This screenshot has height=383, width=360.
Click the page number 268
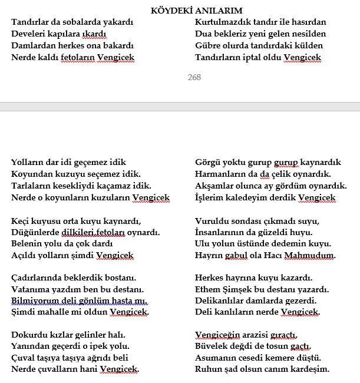[x=194, y=77]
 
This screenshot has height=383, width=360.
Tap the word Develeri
[x=28, y=34]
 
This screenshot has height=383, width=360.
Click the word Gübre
[x=207, y=45]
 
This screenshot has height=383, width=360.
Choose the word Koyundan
[x=30, y=174]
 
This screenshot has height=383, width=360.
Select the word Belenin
[x=27, y=243]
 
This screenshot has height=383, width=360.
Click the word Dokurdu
[x=28, y=334]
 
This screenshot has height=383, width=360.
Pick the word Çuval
[x=24, y=358]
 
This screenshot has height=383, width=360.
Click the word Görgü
[x=207, y=162]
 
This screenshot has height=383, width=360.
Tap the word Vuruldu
[x=211, y=221]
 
